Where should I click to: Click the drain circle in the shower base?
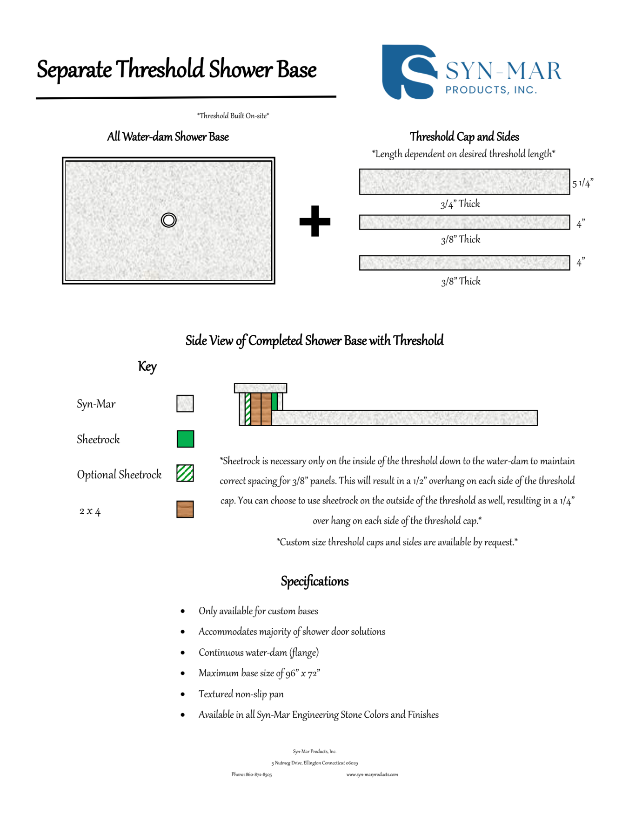pyautogui.click(x=168, y=220)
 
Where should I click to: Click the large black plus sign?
pyautogui.click(x=315, y=221)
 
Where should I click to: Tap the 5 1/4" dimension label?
pyautogui.click(x=582, y=183)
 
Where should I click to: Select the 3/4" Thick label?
pyautogui.click(x=460, y=204)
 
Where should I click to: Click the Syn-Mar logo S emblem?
pyautogui.click(x=408, y=72)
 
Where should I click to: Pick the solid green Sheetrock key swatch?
pyautogui.click(x=185, y=439)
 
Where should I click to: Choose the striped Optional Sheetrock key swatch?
pyautogui.click(x=185, y=473)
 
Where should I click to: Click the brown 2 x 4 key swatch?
pyautogui.click(x=185, y=509)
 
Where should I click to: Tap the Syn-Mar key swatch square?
pyautogui.click(x=185, y=403)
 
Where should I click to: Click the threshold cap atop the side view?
pyautogui.click(x=261, y=388)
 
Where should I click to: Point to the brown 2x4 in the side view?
pyautogui.click(x=261, y=409)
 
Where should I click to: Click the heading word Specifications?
pyautogui.click(x=314, y=581)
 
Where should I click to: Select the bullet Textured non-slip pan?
pyautogui.click(x=241, y=694)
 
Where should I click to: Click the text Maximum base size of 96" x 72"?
pyautogui.click(x=259, y=673)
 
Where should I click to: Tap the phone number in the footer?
pyautogui.click(x=252, y=775)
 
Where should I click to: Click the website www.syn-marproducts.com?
pyautogui.click(x=372, y=775)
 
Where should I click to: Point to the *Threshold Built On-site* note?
pyautogui.click(x=233, y=116)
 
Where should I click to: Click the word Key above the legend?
pyautogui.click(x=147, y=367)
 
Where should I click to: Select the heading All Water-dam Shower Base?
pyautogui.click(x=168, y=137)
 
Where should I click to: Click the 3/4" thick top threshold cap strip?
pyautogui.click(x=464, y=182)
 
